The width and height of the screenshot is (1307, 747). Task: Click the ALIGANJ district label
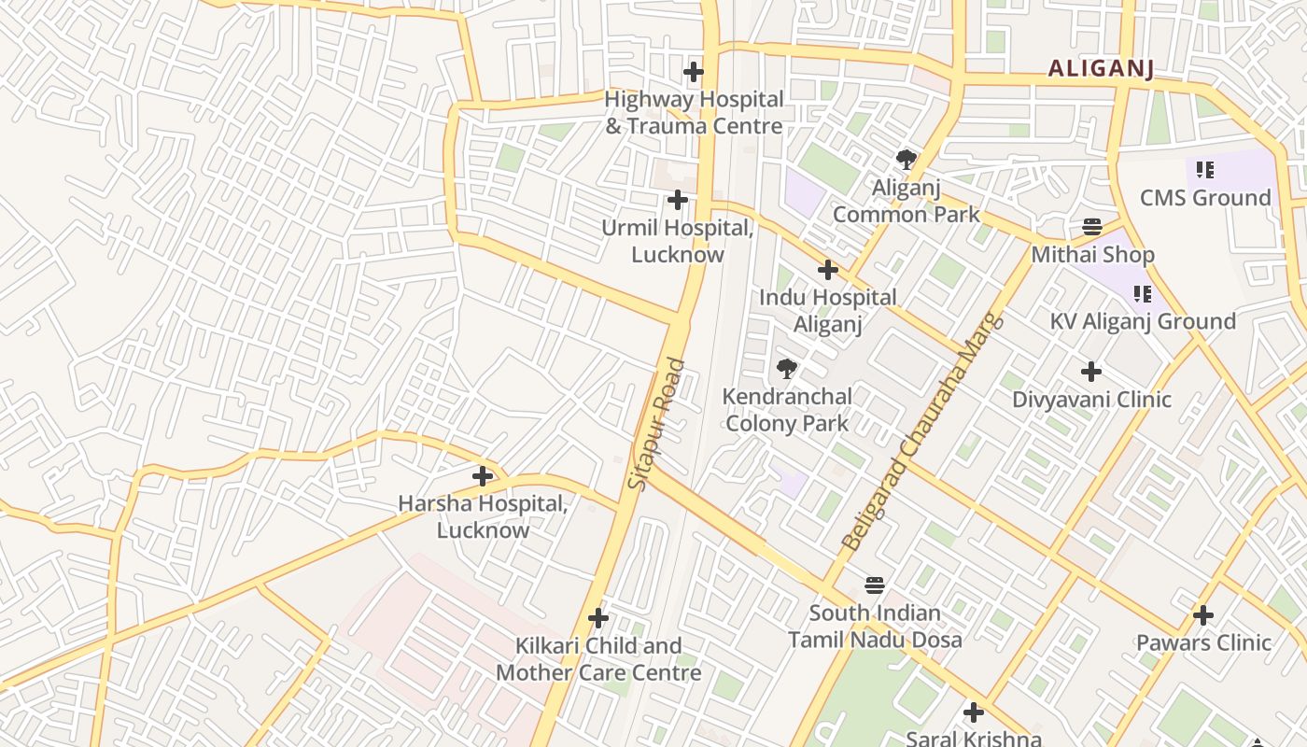coord(1101,68)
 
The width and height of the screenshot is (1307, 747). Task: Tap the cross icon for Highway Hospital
coord(694,72)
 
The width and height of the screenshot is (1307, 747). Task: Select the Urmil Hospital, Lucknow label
coord(677,241)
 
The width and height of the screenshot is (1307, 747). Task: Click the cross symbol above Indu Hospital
coord(828,271)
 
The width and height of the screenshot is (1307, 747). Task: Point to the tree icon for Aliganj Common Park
coord(906,160)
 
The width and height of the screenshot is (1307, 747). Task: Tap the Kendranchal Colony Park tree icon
coord(787,369)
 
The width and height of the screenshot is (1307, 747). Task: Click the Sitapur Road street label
coord(657,424)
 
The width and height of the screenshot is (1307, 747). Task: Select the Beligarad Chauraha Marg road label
coord(921,430)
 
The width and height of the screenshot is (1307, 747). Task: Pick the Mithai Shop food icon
coord(1092,227)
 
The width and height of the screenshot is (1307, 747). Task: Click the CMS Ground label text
coord(1205,198)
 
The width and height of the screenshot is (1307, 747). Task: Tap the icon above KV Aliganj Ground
coord(1143,294)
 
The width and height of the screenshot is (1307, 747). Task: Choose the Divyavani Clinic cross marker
coord(1091,373)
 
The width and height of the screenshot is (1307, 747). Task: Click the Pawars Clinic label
coord(1203,642)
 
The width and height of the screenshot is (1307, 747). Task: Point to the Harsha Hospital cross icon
coord(483,476)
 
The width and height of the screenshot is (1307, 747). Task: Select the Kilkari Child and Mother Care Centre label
coord(598,658)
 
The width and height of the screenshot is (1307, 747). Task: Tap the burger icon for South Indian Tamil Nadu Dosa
coord(875,585)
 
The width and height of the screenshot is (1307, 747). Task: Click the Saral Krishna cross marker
coord(974,713)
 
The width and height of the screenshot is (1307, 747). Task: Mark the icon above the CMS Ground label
coord(1205,170)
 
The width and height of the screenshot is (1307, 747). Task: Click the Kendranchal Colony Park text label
coord(787,409)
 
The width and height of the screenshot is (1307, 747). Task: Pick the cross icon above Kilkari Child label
coord(598,618)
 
